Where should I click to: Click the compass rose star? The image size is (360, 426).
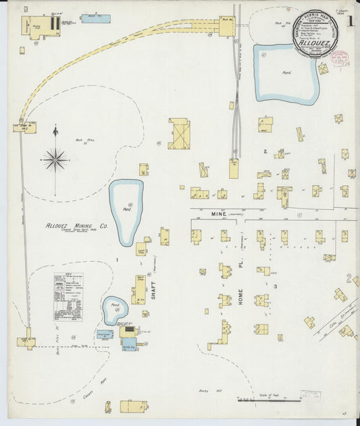click(55, 160)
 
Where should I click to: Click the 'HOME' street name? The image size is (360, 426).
click(240, 297)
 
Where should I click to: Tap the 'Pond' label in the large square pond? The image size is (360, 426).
click(287, 72)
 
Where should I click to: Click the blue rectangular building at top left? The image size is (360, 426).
click(95, 18)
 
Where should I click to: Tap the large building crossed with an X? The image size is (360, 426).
click(179, 134)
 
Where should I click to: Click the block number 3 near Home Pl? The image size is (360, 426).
click(276, 286)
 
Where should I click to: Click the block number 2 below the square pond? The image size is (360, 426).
click(265, 151)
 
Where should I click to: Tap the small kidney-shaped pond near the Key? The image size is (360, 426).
click(115, 310)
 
